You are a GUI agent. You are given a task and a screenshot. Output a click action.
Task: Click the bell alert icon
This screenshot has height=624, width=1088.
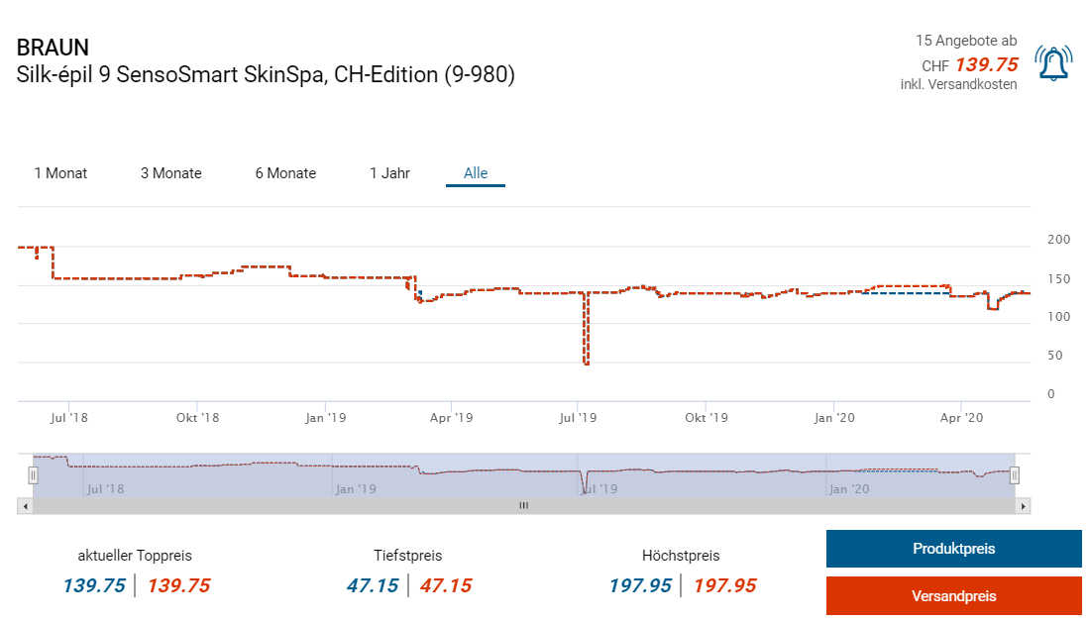click(1053, 63)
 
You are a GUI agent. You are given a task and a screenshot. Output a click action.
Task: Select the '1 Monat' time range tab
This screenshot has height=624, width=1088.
click(60, 173)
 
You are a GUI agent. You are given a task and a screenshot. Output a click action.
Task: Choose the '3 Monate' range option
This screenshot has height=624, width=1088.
click(170, 173)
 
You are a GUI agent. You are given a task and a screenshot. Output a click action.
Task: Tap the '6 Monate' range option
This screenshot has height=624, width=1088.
click(285, 173)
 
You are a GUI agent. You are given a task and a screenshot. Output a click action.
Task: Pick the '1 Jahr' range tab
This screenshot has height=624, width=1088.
click(389, 173)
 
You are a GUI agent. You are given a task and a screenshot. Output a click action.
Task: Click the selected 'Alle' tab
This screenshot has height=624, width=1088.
click(476, 173)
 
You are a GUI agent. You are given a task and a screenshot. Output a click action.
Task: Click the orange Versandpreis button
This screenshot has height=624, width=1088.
click(953, 596)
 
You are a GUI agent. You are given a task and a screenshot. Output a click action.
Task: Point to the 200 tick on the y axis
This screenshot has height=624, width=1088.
click(1058, 240)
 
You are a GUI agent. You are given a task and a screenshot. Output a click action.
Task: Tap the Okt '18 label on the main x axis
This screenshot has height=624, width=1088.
click(197, 418)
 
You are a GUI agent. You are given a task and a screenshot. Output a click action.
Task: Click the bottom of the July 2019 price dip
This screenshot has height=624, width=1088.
click(587, 364)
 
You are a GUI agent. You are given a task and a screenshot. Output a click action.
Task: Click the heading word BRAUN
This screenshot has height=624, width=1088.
click(53, 47)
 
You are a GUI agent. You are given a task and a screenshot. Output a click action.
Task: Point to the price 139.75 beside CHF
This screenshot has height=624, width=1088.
click(986, 64)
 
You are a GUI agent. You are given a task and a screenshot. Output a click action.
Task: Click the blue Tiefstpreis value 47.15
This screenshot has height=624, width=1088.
click(372, 585)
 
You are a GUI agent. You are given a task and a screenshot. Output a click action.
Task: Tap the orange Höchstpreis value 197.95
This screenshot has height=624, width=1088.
click(723, 585)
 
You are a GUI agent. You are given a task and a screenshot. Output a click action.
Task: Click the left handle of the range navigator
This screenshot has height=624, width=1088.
click(33, 476)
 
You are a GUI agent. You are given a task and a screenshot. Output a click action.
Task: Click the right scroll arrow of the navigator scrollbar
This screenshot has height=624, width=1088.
click(1024, 506)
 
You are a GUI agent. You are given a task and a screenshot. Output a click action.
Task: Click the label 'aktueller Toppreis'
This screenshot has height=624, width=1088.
click(135, 556)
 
